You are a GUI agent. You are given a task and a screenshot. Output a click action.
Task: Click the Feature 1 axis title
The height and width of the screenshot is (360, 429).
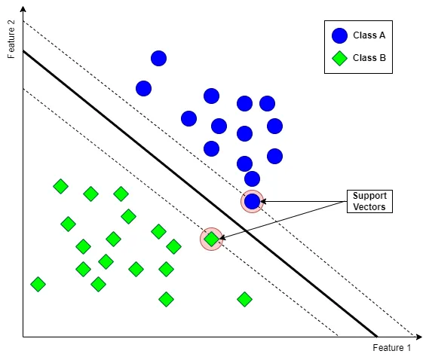[x=391, y=348]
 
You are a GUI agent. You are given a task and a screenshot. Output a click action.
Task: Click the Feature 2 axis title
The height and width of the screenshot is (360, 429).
[x=11, y=39]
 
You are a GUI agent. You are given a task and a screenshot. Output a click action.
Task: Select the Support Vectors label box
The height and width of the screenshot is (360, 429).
[x=369, y=201]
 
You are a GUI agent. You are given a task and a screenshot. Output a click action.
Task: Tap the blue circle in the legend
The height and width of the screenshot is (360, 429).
[x=339, y=35]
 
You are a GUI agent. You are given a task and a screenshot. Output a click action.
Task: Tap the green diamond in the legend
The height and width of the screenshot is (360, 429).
[x=339, y=58]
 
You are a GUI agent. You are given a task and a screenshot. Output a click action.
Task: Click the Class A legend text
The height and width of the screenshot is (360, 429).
[x=369, y=35]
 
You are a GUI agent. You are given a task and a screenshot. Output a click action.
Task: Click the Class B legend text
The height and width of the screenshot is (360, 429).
[x=369, y=58]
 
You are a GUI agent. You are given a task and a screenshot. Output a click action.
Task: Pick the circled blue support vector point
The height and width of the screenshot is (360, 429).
[x=252, y=201]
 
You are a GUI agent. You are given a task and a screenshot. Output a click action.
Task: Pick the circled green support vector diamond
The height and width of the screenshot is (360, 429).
[x=212, y=239]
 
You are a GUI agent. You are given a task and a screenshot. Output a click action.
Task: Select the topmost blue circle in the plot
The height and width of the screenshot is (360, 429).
[x=158, y=58]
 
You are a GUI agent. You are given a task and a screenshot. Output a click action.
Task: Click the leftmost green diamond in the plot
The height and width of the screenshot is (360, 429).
[x=38, y=284]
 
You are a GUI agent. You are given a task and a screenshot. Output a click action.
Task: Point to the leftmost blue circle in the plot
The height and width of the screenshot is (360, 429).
[x=144, y=89]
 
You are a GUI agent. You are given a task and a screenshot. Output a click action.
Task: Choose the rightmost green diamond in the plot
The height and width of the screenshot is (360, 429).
[x=244, y=299]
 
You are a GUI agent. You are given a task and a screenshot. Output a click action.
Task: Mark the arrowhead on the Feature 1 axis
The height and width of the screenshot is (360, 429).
[x=419, y=337]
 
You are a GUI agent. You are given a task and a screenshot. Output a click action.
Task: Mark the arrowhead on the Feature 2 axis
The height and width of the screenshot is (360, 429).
[x=23, y=9]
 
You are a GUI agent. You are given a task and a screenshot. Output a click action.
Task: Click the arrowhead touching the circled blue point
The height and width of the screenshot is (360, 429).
[x=263, y=201]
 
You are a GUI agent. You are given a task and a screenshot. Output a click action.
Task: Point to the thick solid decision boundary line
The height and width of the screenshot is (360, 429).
[x=200, y=194]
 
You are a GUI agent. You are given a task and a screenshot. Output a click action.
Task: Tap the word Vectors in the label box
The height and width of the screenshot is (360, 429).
[x=369, y=207]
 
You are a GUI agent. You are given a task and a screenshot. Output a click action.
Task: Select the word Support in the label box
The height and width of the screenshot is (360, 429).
[x=369, y=196]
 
